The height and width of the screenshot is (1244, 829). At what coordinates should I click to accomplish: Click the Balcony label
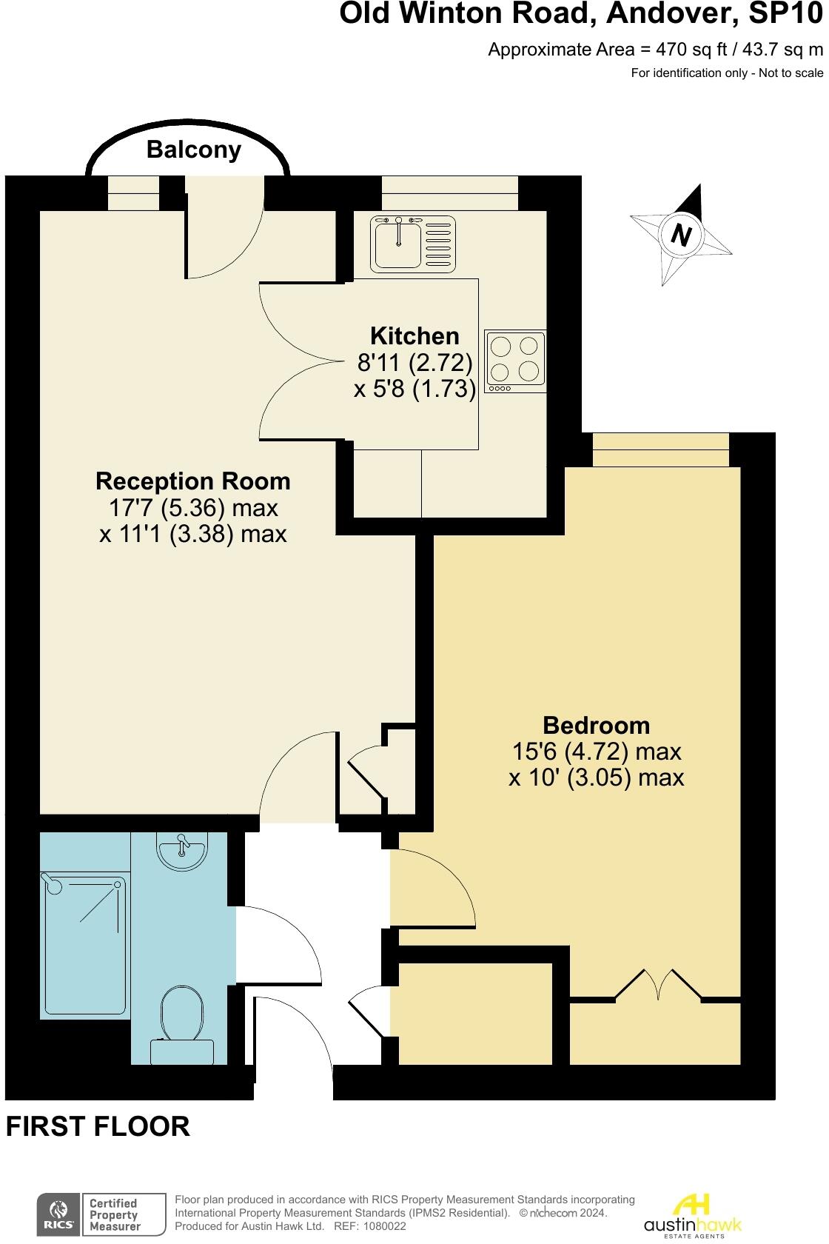click(x=194, y=150)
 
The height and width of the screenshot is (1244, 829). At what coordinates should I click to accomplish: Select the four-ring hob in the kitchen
click(x=516, y=362)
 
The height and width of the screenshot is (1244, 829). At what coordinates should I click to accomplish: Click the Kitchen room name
click(x=414, y=336)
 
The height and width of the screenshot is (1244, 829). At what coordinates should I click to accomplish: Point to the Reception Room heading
click(x=193, y=481)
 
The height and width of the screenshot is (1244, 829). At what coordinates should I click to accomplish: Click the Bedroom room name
click(x=596, y=725)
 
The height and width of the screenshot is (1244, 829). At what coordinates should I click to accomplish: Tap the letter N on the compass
click(x=680, y=235)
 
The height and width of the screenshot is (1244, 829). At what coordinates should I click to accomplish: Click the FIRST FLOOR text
click(x=98, y=1126)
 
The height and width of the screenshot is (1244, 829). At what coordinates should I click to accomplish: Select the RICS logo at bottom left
click(x=58, y=1215)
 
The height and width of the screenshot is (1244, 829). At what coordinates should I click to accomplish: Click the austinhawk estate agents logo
click(x=692, y=1214)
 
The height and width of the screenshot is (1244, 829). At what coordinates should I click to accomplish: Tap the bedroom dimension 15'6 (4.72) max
click(x=596, y=752)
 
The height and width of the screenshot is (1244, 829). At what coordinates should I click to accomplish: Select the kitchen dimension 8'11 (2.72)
click(x=414, y=362)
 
